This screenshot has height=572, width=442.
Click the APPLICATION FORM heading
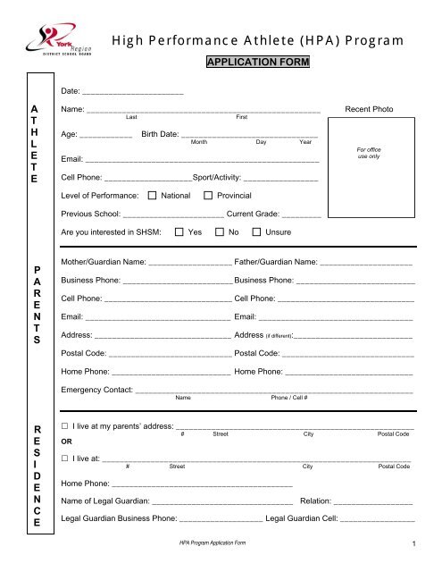click(x=258, y=63)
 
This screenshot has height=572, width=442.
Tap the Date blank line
click(x=133, y=94)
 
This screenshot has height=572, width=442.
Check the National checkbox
click(x=153, y=195)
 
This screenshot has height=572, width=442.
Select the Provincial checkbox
click(x=209, y=195)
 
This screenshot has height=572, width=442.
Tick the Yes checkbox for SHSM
click(x=179, y=232)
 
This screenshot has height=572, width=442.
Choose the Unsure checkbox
click(x=258, y=232)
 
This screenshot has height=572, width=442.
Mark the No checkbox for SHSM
click(x=220, y=232)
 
